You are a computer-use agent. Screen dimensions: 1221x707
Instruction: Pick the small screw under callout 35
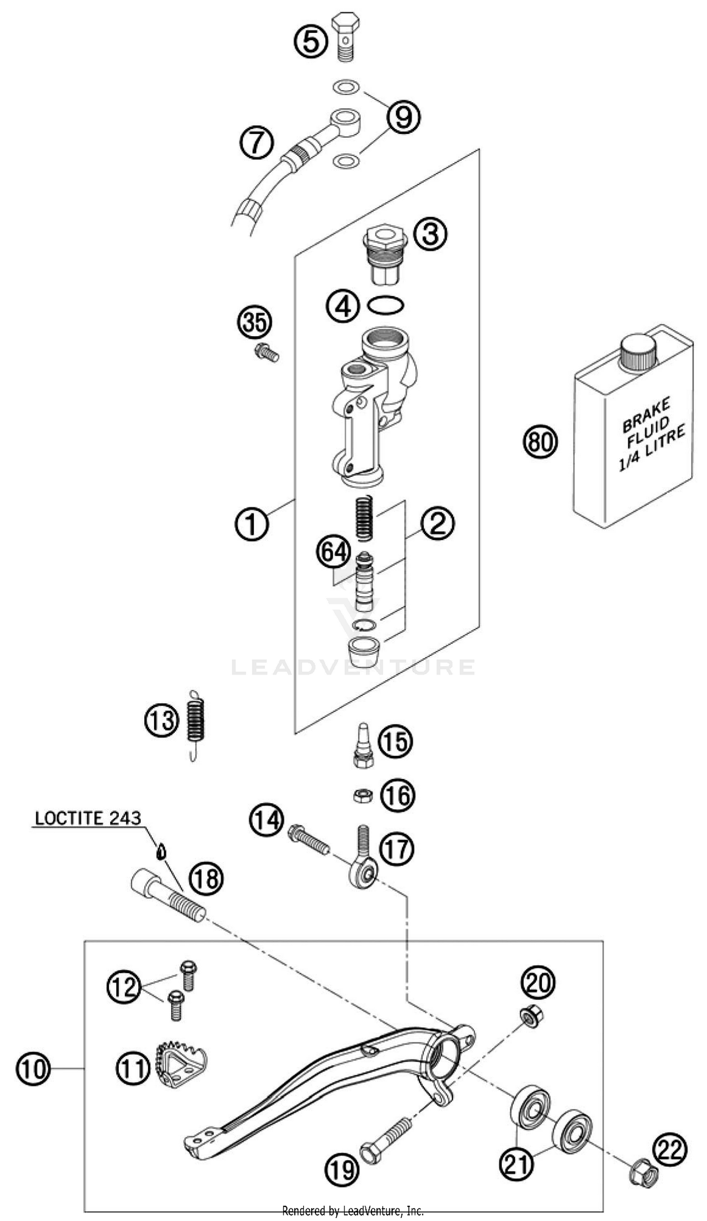266,353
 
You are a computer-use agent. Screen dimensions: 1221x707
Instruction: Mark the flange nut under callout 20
531,1017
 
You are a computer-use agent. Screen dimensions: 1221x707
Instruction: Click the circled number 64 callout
334,552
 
